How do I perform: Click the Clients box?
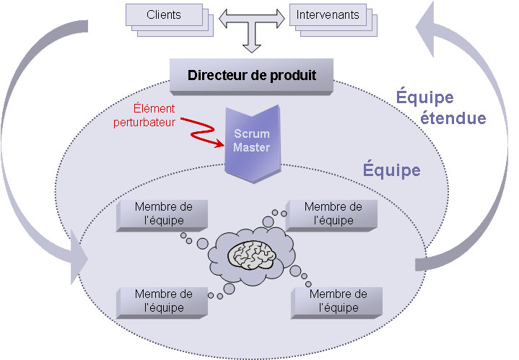164,14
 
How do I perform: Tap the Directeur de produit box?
251,75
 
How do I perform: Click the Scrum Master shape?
251,141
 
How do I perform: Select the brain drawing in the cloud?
253,253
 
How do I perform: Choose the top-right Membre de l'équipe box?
333,213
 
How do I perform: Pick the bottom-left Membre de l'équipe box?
163,300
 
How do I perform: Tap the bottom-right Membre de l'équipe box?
338,300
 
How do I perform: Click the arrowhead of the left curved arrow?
77,256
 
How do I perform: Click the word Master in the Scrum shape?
251,148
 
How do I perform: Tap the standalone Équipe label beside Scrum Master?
390,171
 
